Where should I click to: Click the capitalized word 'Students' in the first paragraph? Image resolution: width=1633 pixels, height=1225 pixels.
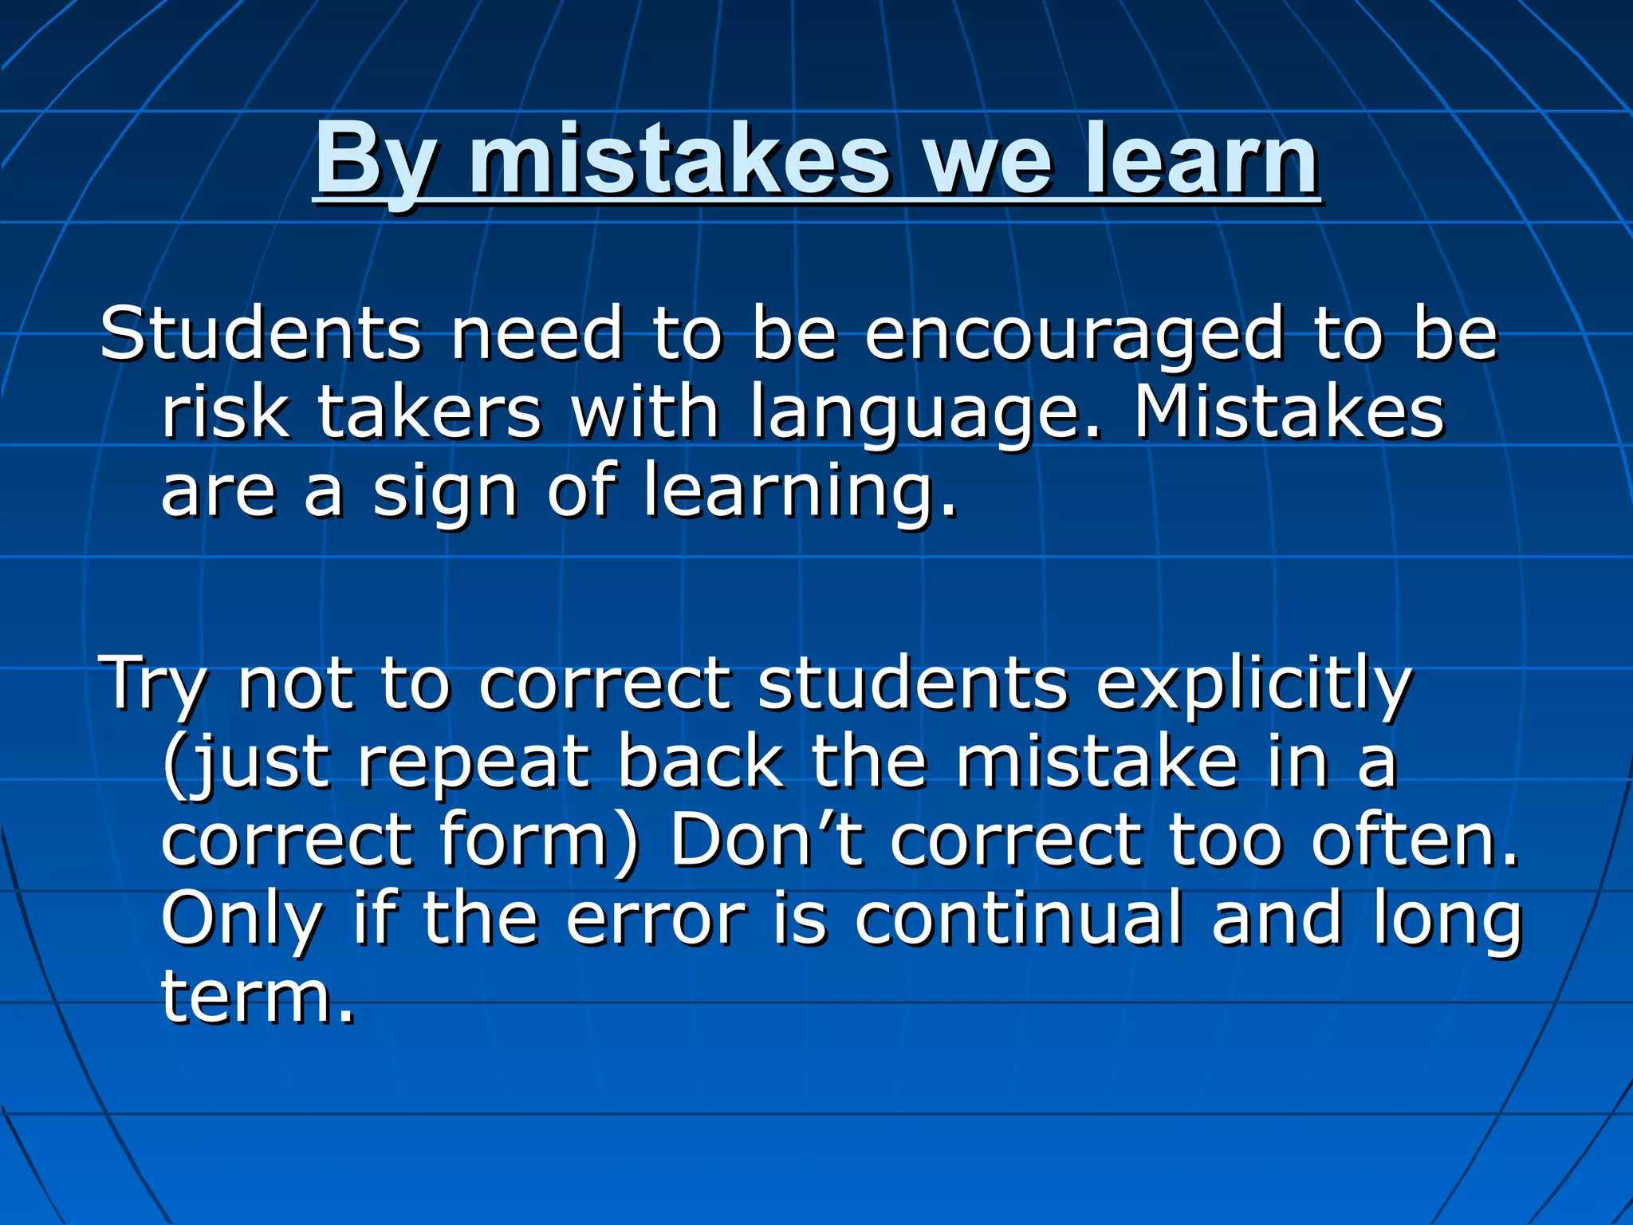[260, 333]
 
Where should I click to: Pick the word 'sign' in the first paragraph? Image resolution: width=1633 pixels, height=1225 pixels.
[445, 493]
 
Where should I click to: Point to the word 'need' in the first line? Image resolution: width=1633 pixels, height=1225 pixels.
[536, 333]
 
